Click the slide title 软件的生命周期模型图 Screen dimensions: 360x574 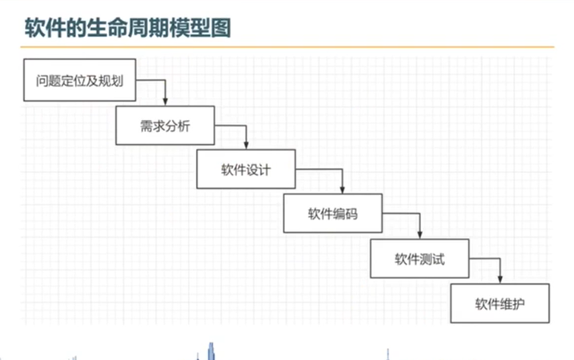(x=128, y=29)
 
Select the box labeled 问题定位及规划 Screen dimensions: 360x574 (x=79, y=80)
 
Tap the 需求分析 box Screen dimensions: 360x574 (x=165, y=125)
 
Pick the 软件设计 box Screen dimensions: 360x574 (x=245, y=169)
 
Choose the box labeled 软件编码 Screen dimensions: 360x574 (x=333, y=214)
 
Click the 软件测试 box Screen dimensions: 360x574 (x=420, y=258)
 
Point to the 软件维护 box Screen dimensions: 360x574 (x=499, y=303)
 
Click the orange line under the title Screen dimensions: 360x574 (x=287, y=47)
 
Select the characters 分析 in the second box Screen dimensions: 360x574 (x=177, y=125)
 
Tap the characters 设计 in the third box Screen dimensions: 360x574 (x=259, y=169)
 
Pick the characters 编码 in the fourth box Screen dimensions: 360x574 (x=345, y=214)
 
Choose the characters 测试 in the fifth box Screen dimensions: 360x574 (x=432, y=258)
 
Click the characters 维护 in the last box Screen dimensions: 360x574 (x=513, y=303)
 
